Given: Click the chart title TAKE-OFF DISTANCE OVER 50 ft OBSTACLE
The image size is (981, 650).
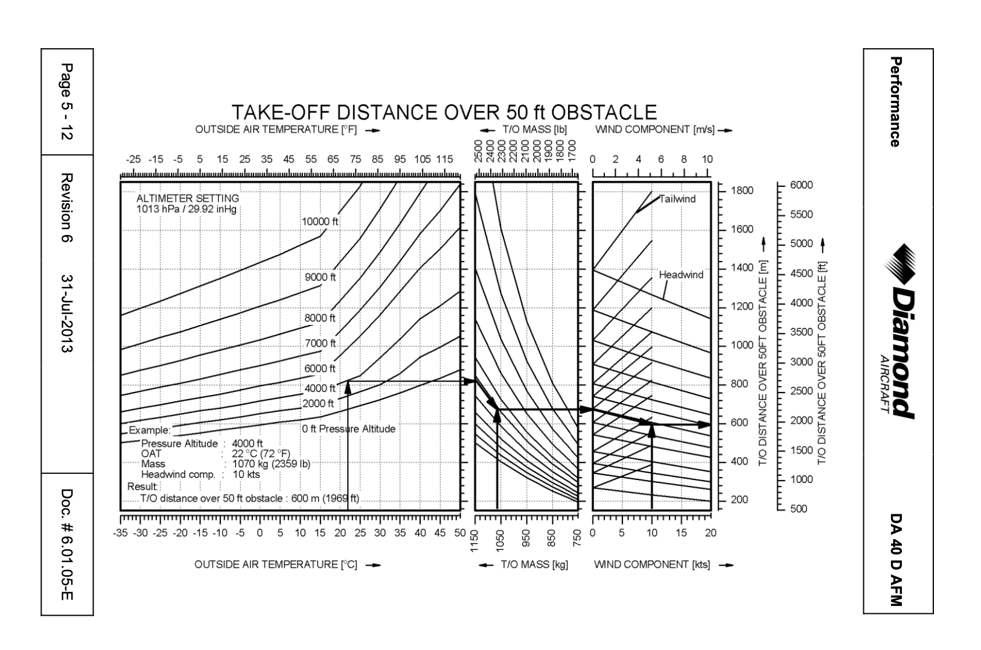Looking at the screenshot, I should point(444,113).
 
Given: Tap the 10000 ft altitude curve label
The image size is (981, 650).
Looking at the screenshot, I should point(320,222).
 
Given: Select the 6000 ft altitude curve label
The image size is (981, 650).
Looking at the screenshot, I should point(320,368).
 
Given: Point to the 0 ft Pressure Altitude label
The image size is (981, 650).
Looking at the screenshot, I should point(348,429).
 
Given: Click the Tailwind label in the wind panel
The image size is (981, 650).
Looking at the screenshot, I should point(677,199).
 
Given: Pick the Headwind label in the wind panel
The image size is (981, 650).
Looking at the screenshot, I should point(681,275).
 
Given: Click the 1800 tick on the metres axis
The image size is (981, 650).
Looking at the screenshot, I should point(742,191).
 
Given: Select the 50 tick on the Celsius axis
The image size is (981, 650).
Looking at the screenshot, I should point(460,533).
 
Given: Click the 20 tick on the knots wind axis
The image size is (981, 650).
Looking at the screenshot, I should point(711,533).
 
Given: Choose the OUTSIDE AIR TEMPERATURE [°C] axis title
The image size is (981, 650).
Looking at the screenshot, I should point(276,565).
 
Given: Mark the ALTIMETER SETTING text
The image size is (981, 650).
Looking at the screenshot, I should point(187,198).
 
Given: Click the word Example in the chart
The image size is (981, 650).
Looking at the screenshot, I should point(149,431).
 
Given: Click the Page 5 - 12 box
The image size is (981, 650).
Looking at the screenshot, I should point(67,102).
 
